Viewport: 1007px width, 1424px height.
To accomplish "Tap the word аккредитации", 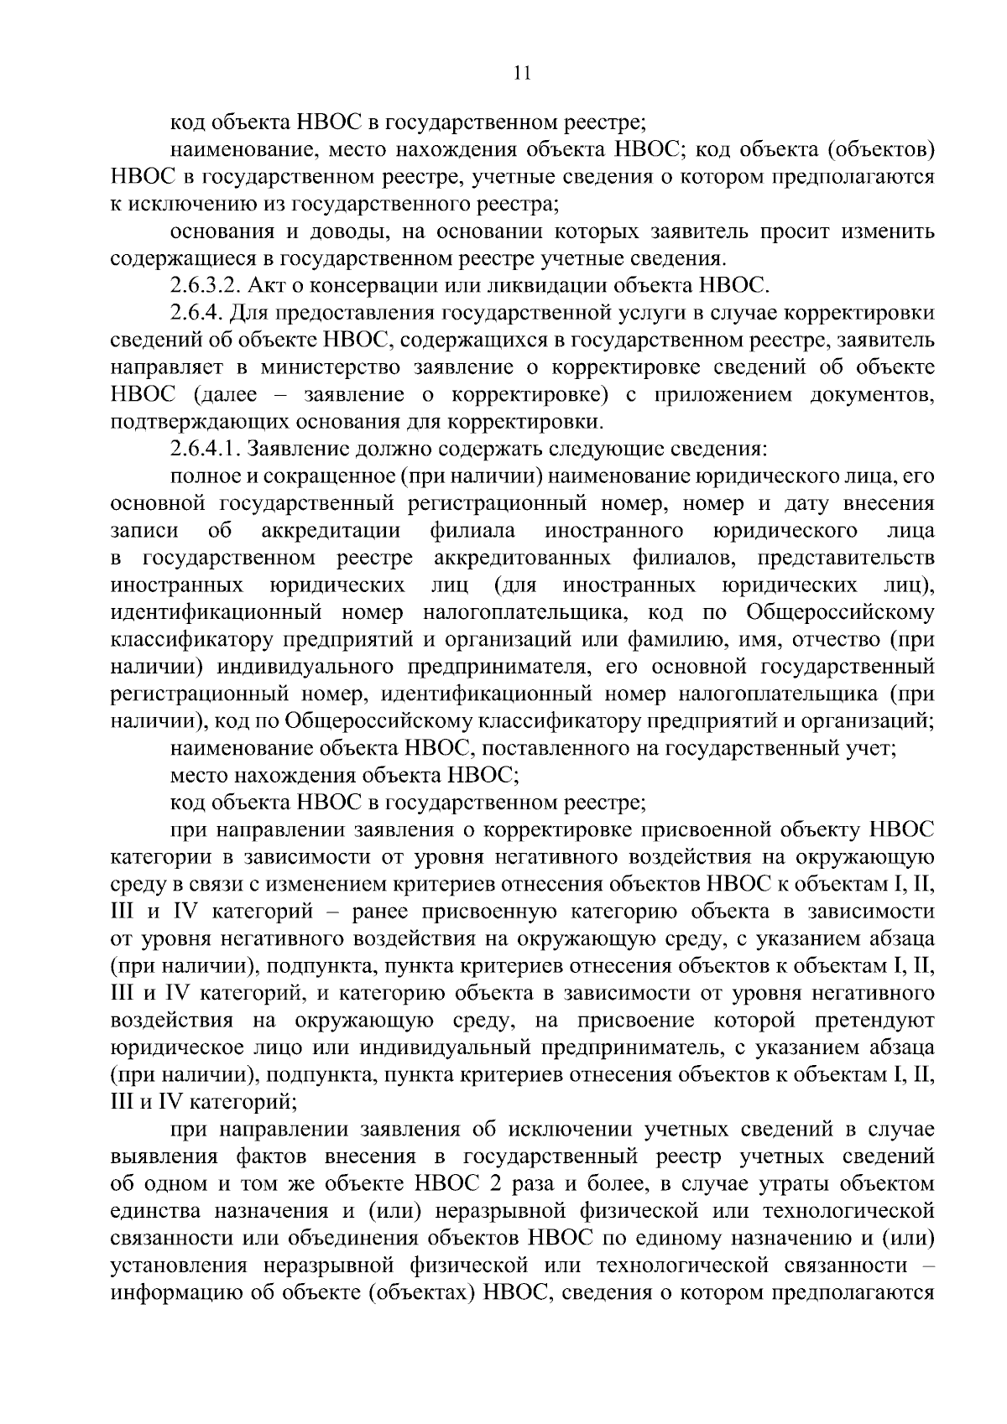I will point(330,531).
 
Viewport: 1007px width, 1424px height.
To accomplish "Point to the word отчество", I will point(811,640).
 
